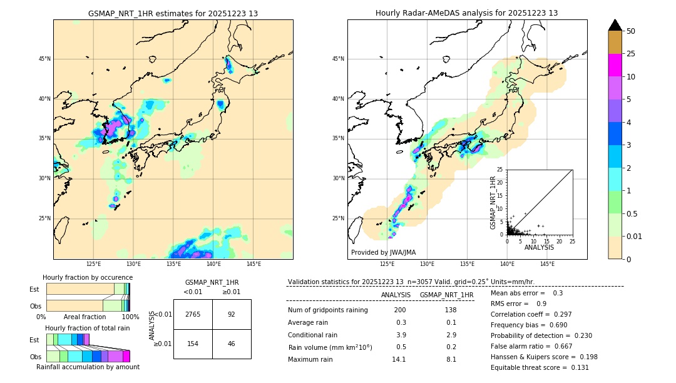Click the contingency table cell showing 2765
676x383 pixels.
193,314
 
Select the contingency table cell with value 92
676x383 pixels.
232,314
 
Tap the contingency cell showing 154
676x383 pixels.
193,344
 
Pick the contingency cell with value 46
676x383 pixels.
232,344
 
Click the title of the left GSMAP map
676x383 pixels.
173,13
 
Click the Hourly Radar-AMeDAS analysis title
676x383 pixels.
467,13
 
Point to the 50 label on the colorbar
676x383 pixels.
631,31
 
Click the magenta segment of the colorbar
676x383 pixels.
615,65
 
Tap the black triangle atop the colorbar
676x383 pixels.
615,25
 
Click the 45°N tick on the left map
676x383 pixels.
44,59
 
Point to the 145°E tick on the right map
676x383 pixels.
547,264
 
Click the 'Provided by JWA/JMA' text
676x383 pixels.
383,253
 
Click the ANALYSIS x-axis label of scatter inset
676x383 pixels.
539,247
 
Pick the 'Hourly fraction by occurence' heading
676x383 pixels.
88,277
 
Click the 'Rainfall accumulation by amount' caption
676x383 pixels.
88,367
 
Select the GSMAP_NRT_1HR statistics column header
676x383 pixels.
446,295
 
